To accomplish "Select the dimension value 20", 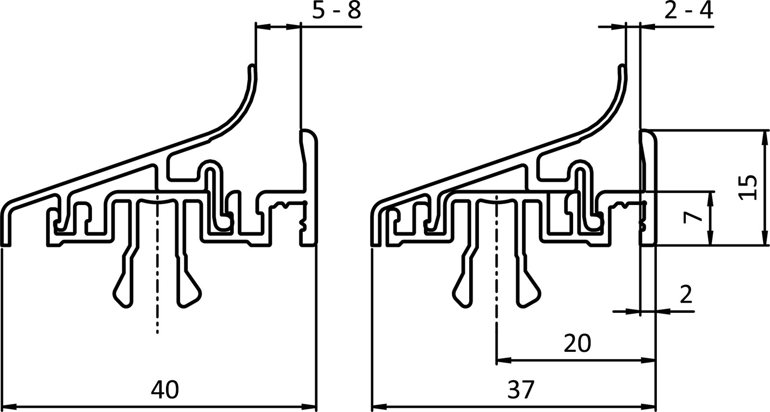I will click(577, 344).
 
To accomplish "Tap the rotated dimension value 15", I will click(749, 188).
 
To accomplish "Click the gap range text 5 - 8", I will click(336, 11).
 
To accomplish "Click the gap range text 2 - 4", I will click(688, 11).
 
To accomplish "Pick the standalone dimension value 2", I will click(686, 295).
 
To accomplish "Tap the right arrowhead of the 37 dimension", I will click(652, 405).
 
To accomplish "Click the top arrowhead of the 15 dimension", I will click(765, 135).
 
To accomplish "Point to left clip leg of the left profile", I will click(123, 284).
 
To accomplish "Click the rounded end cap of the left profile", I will click(310, 137).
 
